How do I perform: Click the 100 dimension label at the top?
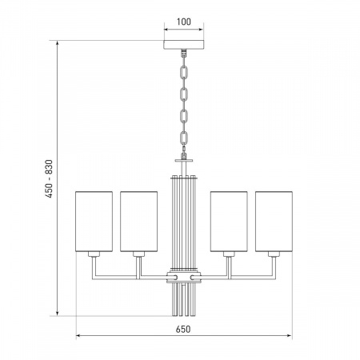184,22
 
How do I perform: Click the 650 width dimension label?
183,329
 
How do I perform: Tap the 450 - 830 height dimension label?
49,178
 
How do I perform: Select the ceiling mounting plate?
184,45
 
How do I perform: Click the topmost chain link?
184,72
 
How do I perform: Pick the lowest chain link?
184,138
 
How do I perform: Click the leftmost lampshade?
94,222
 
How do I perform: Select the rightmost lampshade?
274,222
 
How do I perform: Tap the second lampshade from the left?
138,222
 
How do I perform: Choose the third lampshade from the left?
229,222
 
